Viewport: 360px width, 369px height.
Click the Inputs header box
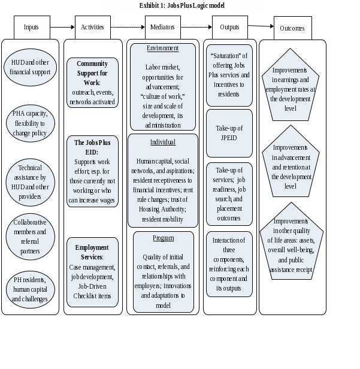click(31, 27)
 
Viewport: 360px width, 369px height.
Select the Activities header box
click(92, 27)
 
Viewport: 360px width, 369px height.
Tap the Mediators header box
click(163, 27)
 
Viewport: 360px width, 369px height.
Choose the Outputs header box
click(229, 27)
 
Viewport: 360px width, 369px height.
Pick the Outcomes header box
click(292, 28)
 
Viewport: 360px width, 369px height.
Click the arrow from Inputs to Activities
click(62, 27)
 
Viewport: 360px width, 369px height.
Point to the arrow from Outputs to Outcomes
click(261, 26)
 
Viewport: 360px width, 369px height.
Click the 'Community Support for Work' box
click(92, 83)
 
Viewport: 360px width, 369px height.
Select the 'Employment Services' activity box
click(92, 272)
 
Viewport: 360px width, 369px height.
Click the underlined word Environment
click(163, 48)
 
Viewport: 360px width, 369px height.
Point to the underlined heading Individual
click(163, 142)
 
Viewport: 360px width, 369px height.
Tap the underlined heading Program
click(163, 238)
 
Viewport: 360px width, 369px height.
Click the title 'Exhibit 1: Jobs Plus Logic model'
click(182, 5)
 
